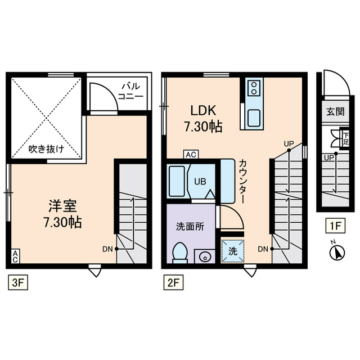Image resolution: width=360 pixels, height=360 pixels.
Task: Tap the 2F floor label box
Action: click(x=172, y=283)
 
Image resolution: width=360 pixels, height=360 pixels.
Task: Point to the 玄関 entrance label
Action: click(x=335, y=111)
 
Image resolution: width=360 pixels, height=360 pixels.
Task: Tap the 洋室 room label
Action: click(x=62, y=213)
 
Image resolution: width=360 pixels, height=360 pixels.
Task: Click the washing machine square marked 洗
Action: click(x=232, y=251)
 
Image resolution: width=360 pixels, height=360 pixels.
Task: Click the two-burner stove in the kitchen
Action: click(x=254, y=88)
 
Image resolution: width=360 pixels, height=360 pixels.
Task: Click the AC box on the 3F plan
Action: click(x=15, y=256)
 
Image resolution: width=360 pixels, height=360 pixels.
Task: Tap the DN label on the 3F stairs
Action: click(x=107, y=248)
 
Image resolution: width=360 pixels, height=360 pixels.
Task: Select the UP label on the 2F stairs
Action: click(x=289, y=143)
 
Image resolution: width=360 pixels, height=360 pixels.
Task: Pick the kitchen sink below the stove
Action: click(x=254, y=118)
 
